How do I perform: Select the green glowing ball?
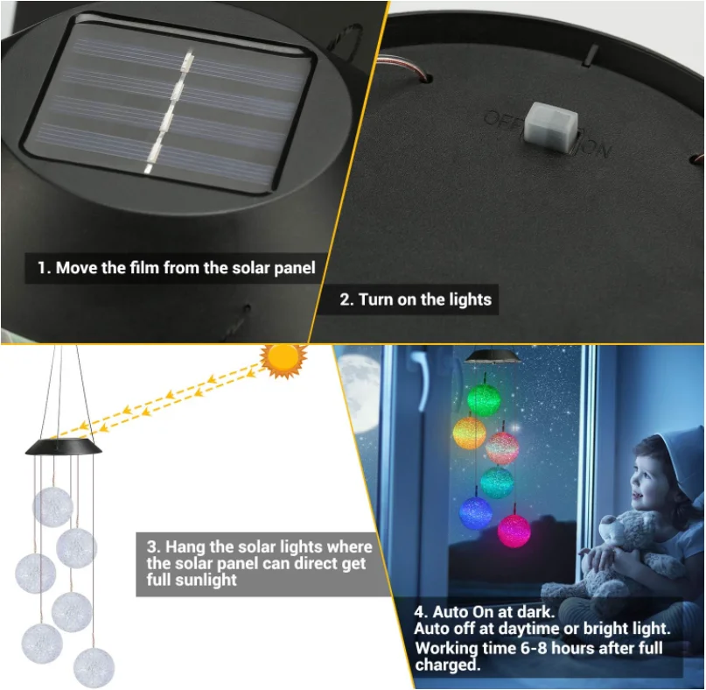point(483,400)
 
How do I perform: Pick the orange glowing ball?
point(469,433)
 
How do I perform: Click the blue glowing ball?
point(476,513)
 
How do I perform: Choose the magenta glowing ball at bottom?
point(514,530)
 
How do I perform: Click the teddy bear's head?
point(628,532)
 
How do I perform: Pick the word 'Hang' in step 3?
point(183,547)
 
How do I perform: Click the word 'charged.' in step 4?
point(448,665)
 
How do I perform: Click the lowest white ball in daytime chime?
point(94,667)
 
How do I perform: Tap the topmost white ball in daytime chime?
point(52,508)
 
